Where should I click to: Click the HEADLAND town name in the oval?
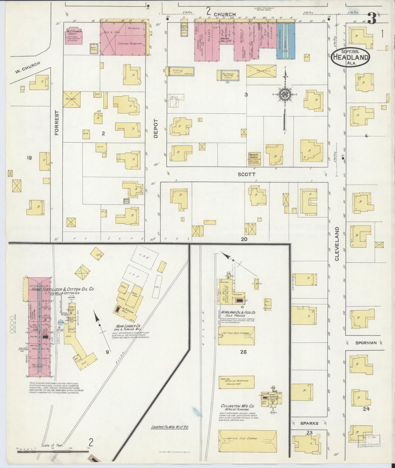tap(350, 58)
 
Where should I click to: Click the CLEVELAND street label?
tap(337, 244)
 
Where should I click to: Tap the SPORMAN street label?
tap(366, 343)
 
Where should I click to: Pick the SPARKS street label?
tap(309, 423)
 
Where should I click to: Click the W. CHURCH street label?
tap(27, 67)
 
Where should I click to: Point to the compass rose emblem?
tap(285, 94)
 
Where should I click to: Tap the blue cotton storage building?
tap(286, 41)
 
